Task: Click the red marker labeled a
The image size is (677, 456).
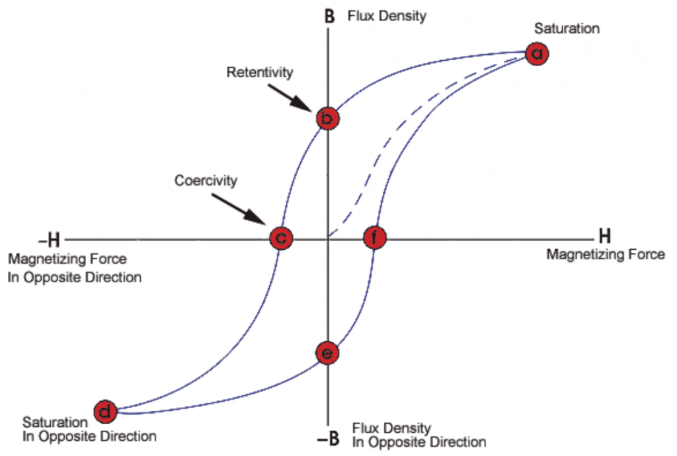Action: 537,54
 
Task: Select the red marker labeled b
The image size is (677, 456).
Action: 327,119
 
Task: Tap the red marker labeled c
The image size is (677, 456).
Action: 280,238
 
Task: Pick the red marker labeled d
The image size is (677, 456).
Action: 105,412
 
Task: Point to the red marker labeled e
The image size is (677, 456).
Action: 327,353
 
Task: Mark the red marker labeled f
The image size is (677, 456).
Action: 374,238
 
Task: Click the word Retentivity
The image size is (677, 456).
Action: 259,72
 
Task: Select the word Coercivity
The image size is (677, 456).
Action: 206,180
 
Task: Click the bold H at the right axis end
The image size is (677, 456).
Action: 604,237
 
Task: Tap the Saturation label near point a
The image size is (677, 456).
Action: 567,28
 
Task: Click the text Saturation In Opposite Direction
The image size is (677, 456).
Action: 89,429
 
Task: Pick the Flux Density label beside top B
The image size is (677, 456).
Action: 387,16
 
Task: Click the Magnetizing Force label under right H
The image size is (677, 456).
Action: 605,254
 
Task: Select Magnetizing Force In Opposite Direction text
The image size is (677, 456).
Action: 74,268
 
